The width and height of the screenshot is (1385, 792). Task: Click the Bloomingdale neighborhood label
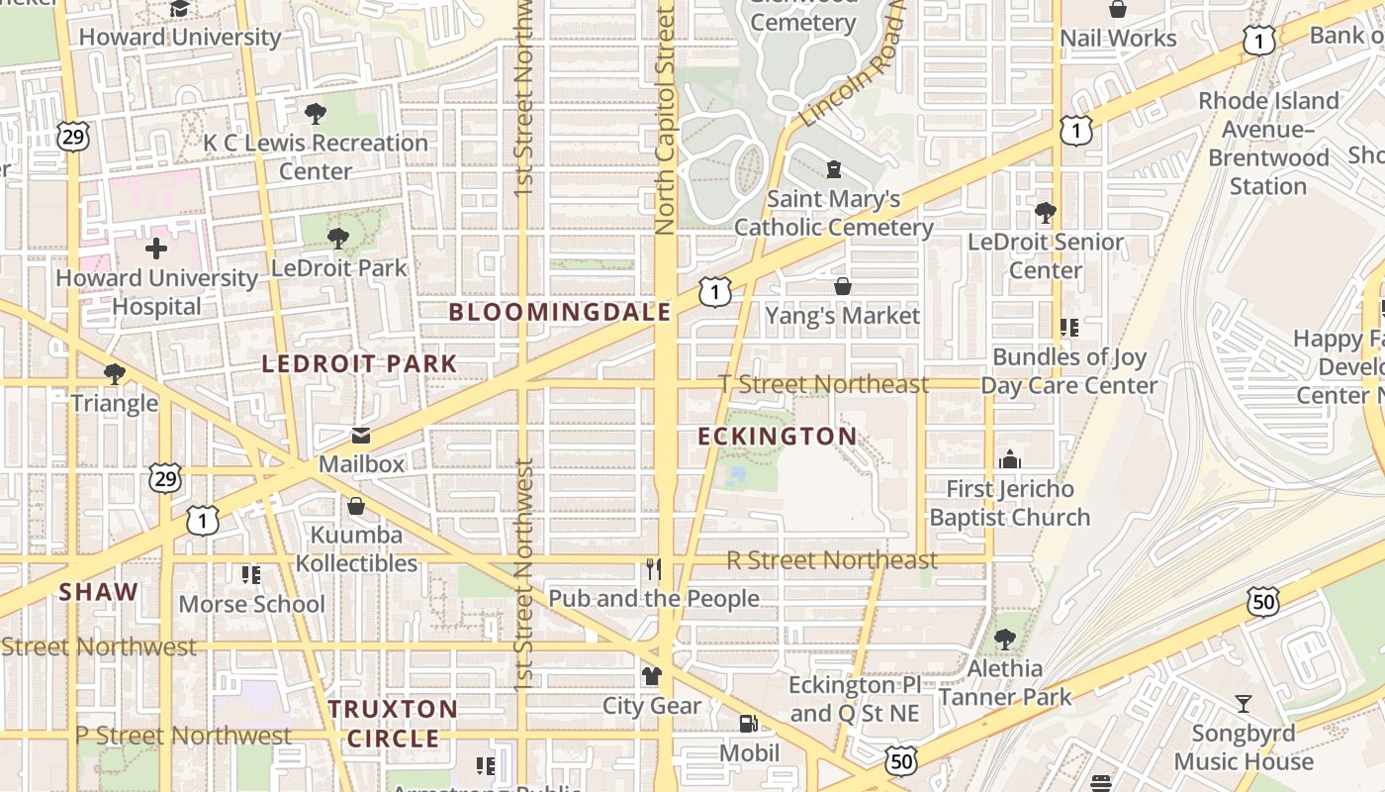tap(560, 313)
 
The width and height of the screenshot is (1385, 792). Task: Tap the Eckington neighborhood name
tap(778, 437)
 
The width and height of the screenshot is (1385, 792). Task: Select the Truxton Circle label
tap(393, 724)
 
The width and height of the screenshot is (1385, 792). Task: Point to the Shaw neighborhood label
tap(99, 592)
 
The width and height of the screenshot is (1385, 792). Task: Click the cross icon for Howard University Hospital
tap(156, 248)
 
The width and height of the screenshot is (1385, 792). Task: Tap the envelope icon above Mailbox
tap(361, 436)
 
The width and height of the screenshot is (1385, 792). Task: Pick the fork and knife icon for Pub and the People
tap(653, 569)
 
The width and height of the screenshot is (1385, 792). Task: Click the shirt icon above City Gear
tap(652, 676)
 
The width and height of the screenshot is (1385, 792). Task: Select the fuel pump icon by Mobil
tap(749, 724)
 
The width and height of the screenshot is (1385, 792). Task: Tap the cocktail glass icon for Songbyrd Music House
tap(1244, 704)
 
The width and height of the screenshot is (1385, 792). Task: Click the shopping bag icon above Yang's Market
tap(843, 286)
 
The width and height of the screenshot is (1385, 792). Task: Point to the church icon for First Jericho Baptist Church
tap(1010, 459)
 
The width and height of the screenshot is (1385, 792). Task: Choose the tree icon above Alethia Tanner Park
tap(1005, 640)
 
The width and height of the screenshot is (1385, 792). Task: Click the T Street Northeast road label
tap(823, 384)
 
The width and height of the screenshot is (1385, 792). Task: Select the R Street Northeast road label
tap(832, 560)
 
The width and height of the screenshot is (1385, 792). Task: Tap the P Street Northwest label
tap(183, 736)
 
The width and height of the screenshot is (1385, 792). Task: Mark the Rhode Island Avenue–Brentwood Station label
tap(1268, 144)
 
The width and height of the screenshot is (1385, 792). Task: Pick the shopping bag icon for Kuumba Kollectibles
tap(356, 507)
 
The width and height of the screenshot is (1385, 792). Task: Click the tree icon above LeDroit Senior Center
tap(1046, 212)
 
